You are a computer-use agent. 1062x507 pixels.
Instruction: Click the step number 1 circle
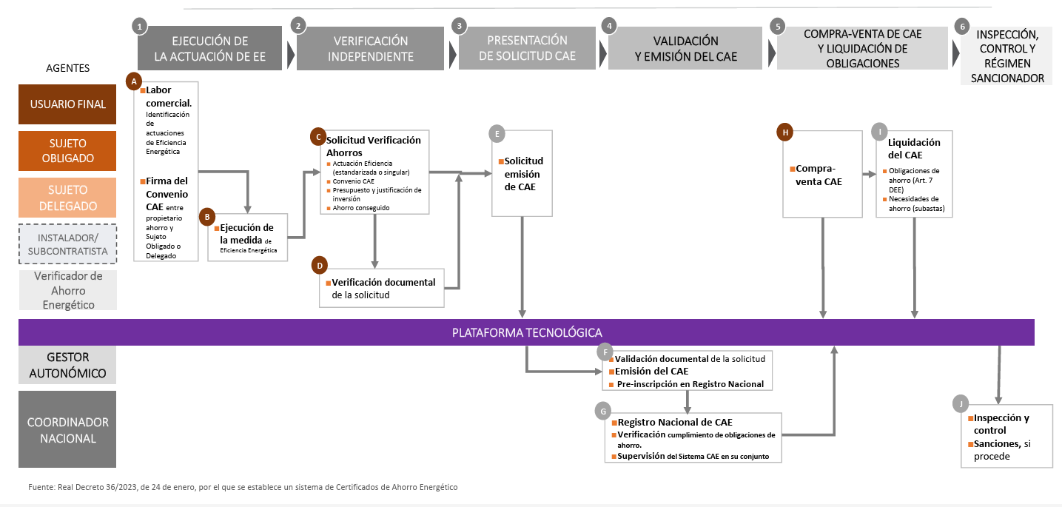pyautogui.click(x=138, y=26)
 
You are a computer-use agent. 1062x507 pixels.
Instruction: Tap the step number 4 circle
pyautogui.click(x=609, y=26)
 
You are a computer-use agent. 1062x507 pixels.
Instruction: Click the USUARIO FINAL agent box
pyautogui.click(x=67, y=104)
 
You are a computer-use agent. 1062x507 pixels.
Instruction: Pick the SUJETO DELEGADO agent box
pyautogui.click(x=67, y=198)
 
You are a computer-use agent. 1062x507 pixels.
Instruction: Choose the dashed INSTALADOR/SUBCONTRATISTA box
pyautogui.click(x=67, y=244)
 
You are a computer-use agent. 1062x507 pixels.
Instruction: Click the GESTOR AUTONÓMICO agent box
pyautogui.click(x=67, y=365)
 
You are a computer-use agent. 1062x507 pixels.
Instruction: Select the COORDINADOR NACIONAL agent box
pyautogui.click(x=67, y=430)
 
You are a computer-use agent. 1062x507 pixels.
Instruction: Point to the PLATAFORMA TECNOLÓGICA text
pyautogui.click(x=527, y=332)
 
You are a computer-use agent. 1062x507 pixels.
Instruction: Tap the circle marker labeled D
pyautogui.click(x=320, y=265)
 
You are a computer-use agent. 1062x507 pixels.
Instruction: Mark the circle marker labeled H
pyautogui.click(x=784, y=132)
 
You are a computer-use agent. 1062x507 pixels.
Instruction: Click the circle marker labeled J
pyautogui.click(x=961, y=403)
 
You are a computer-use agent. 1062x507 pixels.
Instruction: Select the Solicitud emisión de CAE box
pyautogui.click(x=523, y=174)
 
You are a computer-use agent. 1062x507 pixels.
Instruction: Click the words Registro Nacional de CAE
pyautogui.click(x=675, y=422)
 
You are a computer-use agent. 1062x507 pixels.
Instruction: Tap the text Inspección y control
pyautogui.click(x=1001, y=423)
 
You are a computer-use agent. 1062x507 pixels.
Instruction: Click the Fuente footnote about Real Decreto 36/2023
pyautogui.click(x=243, y=487)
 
